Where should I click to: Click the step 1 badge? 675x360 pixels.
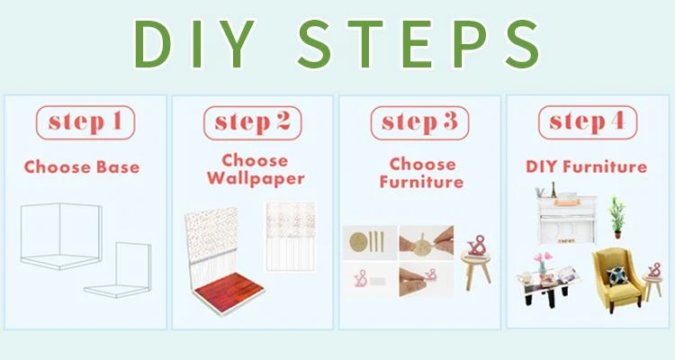(x=85, y=122)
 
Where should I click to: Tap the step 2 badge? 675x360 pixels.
(x=253, y=122)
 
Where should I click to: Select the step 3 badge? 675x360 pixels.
(x=419, y=122)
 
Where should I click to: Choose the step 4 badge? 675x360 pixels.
(x=588, y=122)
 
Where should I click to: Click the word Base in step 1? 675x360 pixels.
(x=118, y=167)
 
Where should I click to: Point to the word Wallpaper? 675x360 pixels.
(x=256, y=179)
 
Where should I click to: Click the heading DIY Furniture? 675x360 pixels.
(x=586, y=166)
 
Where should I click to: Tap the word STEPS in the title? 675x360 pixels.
(x=418, y=44)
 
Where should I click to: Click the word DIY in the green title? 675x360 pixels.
(x=194, y=44)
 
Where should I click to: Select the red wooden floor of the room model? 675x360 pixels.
(x=229, y=292)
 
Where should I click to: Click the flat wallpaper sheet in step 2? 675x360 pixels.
(x=291, y=237)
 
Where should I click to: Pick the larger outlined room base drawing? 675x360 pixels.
(x=60, y=236)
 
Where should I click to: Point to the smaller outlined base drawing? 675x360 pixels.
(x=118, y=270)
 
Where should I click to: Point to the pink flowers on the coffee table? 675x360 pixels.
(x=543, y=257)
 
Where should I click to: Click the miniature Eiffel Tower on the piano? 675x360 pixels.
(x=553, y=190)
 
